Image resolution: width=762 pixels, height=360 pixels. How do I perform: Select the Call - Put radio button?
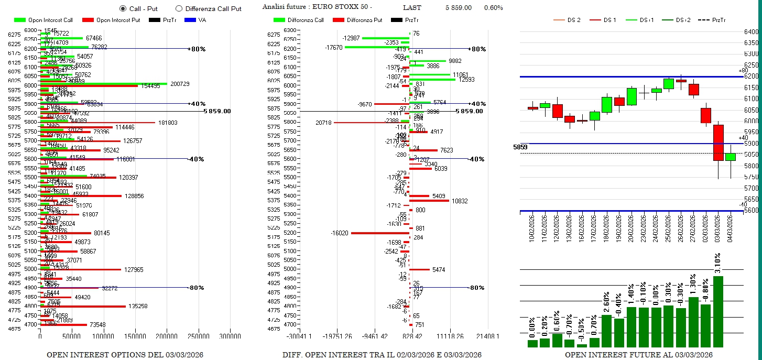click(x=123, y=8)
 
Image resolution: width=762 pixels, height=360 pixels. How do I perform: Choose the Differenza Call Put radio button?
click(x=179, y=8)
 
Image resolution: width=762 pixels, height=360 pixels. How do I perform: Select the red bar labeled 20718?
click(x=372, y=123)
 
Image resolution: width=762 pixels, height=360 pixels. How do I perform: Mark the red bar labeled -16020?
click(x=380, y=233)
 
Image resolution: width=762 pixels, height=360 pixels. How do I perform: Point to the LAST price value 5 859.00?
click(x=459, y=8)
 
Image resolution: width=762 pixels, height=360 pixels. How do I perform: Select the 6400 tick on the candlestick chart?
click(x=750, y=32)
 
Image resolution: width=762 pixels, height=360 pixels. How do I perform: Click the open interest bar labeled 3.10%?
click(x=718, y=311)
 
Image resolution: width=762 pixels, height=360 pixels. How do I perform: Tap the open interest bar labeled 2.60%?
click(x=606, y=331)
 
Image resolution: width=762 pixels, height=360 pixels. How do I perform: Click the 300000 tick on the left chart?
click(x=230, y=336)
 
